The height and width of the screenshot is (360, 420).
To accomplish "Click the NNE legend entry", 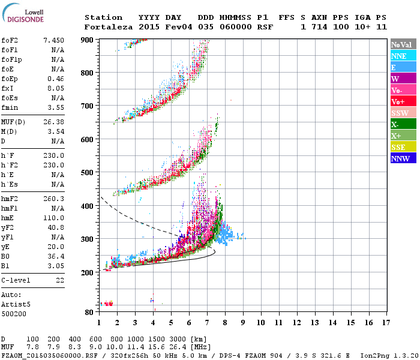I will pyautogui.click(x=403, y=56).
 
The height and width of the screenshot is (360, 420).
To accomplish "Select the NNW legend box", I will pyautogui.click(x=403, y=158).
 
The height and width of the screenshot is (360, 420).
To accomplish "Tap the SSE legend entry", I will pyautogui.click(x=403, y=147).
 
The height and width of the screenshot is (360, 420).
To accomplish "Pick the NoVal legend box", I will pyautogui.click(x=403, y=44).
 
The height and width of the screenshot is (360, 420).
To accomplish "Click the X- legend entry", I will pyautogui.click(x=403, y=124).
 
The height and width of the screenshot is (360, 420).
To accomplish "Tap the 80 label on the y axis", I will pyautogui.click(x=89, y=312).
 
